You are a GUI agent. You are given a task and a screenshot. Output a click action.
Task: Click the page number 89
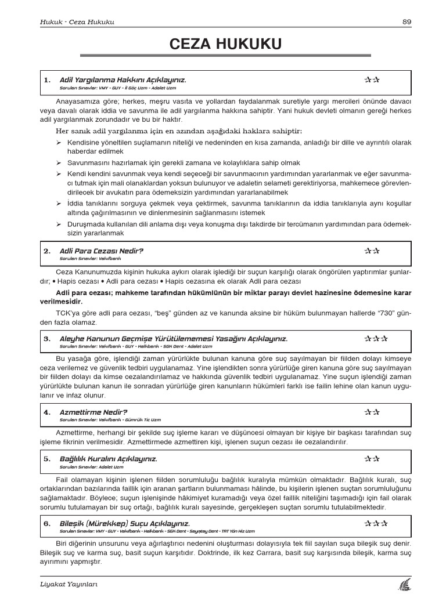(x=406, y=22)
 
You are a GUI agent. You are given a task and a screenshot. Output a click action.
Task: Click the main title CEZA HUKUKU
(x=225, y=44)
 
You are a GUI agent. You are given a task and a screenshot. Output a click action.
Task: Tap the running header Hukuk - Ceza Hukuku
(x=73, y=22)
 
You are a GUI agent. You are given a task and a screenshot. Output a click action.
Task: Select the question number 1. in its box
(x=47, y=79)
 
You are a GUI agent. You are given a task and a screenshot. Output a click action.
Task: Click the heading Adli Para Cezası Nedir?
(x=102, y=251)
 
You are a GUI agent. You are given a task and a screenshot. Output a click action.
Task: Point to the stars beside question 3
(x=376, y=339)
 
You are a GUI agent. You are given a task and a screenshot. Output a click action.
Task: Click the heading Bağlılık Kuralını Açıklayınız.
(x=109, y=458)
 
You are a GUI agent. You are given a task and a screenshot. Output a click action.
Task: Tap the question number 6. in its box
(x=47, y=523)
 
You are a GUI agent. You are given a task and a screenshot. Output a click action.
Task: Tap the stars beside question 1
(x=372, y=79)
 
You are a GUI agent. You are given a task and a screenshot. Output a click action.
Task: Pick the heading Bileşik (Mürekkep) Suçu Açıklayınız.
(x=125, y=523)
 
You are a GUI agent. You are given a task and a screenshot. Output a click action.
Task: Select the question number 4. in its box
(x=47, y=412)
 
